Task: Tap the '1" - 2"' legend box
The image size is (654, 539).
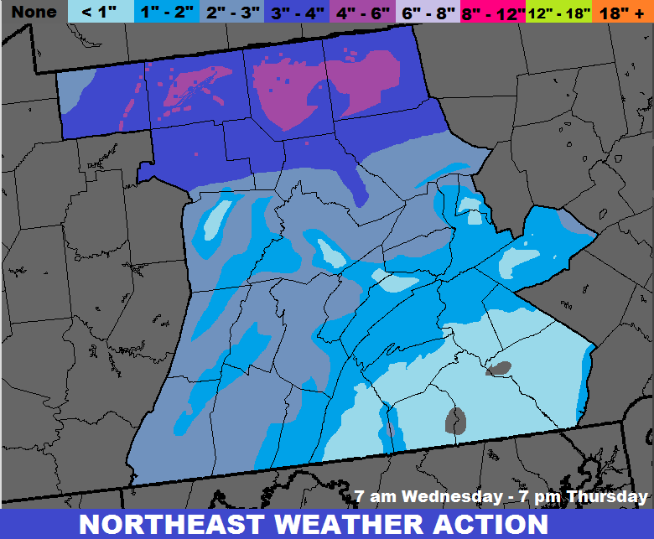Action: (x=168, y=12)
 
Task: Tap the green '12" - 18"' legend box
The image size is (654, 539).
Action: (x=559, y=12)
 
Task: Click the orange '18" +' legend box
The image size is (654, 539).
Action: (x=623, y=12)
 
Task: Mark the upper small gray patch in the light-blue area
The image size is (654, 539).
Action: (x=500, y=367)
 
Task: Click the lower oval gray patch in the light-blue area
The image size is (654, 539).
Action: (x=456, y=418)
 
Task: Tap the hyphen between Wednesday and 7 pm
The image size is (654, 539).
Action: (x=502, y=497)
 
